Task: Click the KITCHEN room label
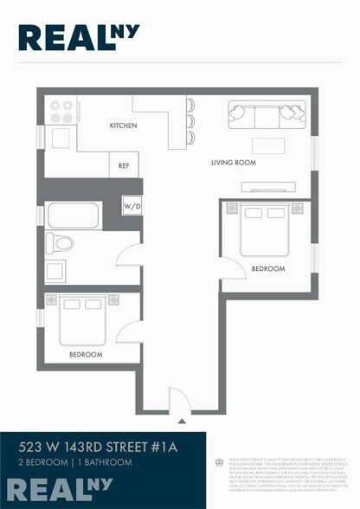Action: point(123,126)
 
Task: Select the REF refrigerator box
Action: point(123,165)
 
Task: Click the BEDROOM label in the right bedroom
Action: point(267,269)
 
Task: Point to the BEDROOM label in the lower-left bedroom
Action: point(86,355)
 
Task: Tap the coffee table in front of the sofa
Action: point(267,145)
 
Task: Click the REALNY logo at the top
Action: point(79,35)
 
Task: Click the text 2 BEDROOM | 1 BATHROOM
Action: point(76,463)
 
